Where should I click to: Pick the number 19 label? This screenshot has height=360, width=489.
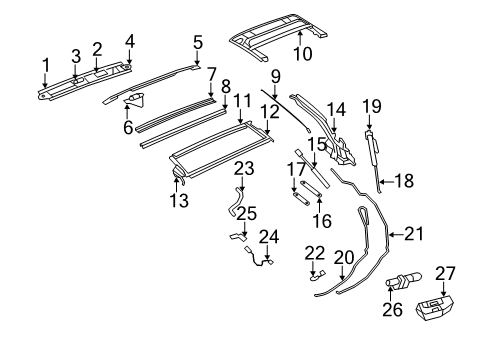[372, 106]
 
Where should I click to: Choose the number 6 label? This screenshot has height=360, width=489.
[126, 127]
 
